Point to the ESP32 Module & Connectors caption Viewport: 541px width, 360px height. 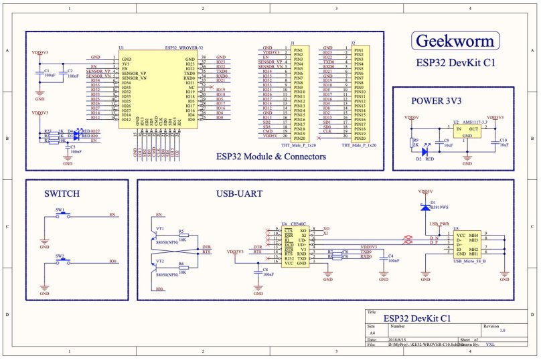click(x=271, y=157)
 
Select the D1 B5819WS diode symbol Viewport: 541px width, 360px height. click(x=424, y=208)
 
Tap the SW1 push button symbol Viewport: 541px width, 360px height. click(x=60, y=215)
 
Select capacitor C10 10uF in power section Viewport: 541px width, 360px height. click(x=496, y=142)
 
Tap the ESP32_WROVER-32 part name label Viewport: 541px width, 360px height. click(x=184, y=49)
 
